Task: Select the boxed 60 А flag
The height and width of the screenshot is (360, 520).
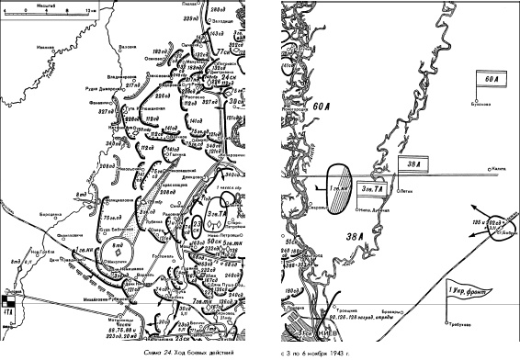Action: pos(490,79)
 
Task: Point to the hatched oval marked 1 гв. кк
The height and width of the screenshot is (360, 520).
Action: pos(337,188)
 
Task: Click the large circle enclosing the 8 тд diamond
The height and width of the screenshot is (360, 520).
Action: pos(119,247)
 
